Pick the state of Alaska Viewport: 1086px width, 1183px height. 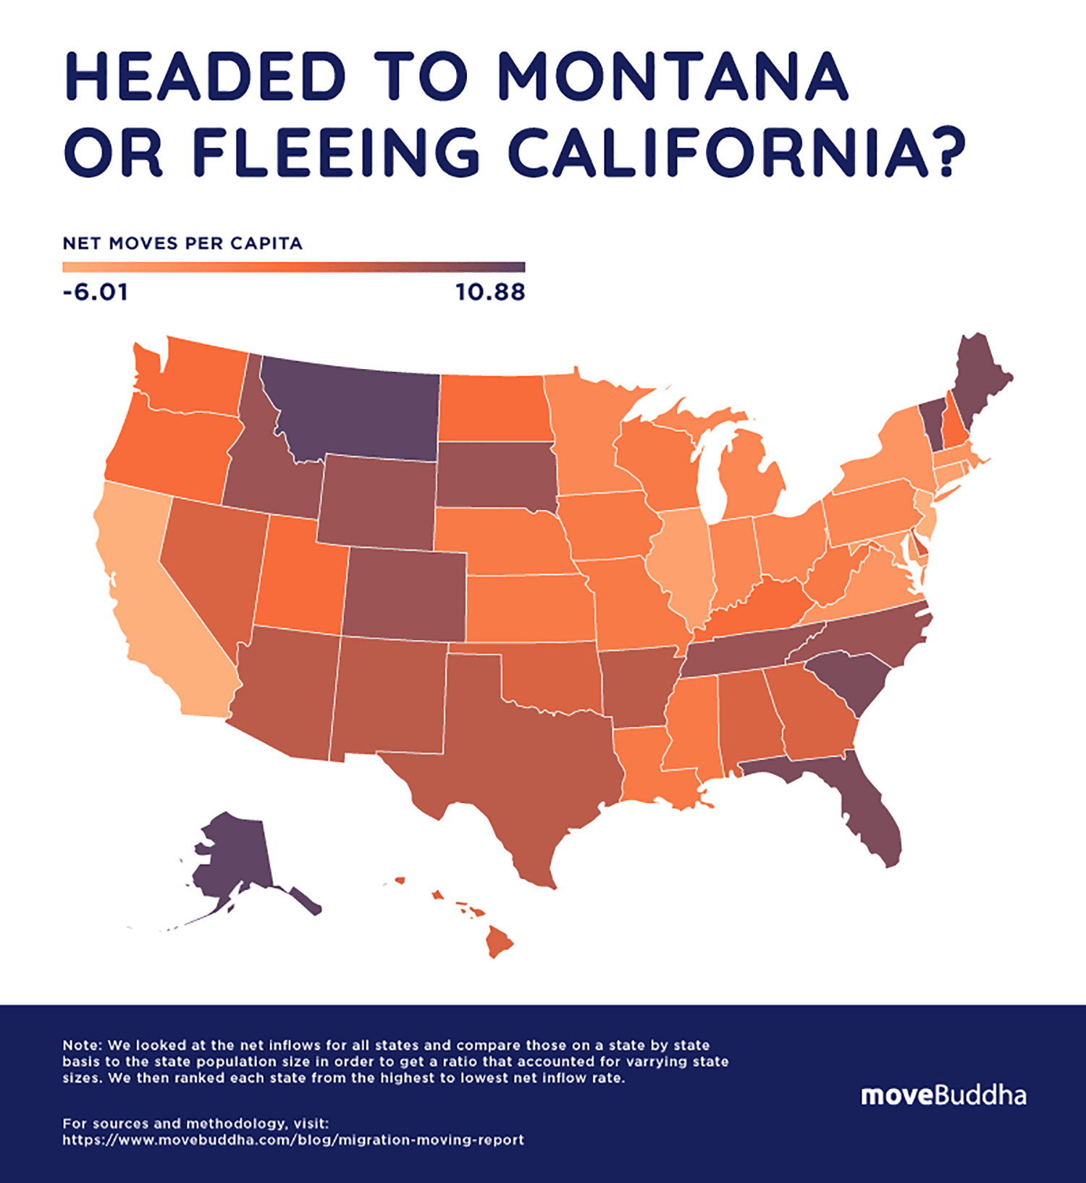pos(232,861)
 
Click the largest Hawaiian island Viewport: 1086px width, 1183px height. pos(499,941)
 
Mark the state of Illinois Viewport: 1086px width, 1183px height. pos(681,564)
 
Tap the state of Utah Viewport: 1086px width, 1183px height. pos(297,579)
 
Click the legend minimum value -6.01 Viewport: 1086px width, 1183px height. pos(96,293)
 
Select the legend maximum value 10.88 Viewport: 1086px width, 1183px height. pos(490,293)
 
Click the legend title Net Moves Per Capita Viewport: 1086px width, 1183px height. pos(182,243)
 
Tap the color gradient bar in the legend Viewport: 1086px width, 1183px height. pos(293,268)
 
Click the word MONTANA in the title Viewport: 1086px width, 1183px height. pos(673,77)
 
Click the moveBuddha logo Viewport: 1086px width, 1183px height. pos(943,1095)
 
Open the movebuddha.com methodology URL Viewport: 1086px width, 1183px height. pos(293,1140)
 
